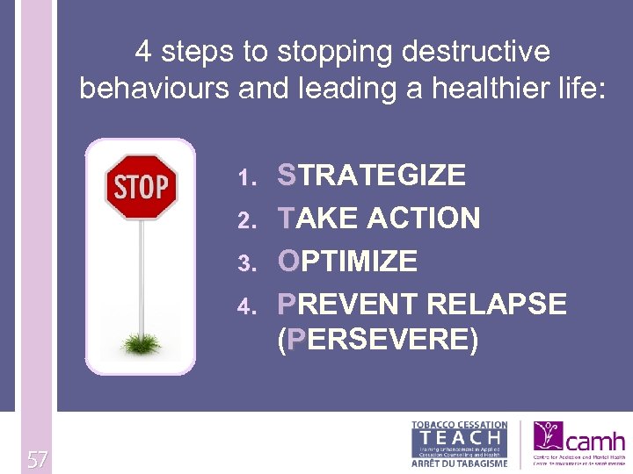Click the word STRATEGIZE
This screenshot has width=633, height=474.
[x=371, y=175]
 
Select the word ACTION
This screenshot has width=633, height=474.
[x=425, y=218]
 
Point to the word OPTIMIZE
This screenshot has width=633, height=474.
[x=347, y=261]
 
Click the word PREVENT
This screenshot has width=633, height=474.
[x=347, y=304]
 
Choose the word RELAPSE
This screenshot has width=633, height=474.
[x=497, y=304]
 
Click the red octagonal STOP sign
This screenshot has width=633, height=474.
[x=141, y=186]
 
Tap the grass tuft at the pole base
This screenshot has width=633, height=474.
[x=141, y=343]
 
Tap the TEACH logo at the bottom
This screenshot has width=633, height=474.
[x=459, y=444]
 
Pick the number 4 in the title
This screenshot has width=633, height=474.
[x=144, y=52]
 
